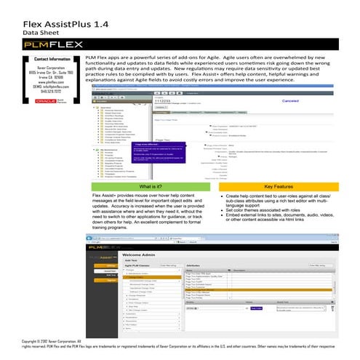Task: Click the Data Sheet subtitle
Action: pos(41,33)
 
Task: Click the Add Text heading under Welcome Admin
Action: pos(132,261)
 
